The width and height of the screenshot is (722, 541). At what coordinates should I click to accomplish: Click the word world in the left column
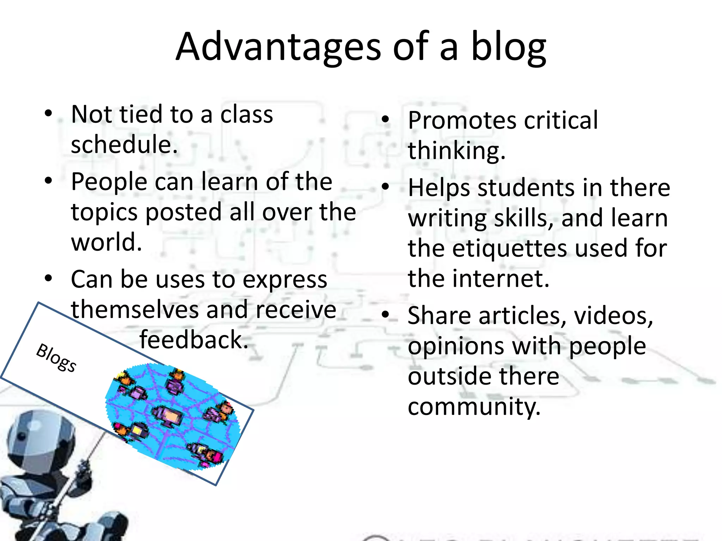(x=106, y=242)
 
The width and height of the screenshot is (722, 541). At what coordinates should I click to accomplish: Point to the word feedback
(x=194, y=340)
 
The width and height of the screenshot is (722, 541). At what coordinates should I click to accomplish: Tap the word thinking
(x=456, y=151)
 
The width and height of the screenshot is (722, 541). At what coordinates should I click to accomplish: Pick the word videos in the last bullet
(x=613, y=315)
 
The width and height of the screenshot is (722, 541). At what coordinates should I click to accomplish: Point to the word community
(x=474, y=406)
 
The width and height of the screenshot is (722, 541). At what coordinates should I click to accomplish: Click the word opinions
(x=455, y=346)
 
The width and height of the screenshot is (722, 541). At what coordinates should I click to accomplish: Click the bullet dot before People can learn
(x=48, y=181)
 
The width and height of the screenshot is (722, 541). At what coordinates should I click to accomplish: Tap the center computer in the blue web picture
(x=168, y=416)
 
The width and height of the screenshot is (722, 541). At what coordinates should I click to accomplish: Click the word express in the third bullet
(x=285, y=280)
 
